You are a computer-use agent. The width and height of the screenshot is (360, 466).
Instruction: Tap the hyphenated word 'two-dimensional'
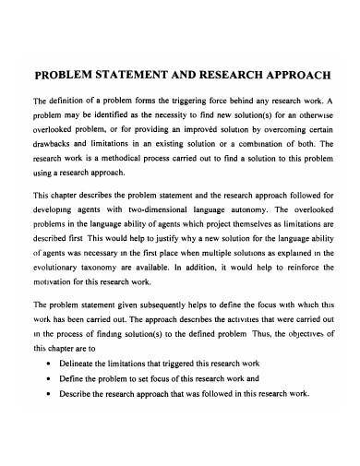click(x=157, y=209)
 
